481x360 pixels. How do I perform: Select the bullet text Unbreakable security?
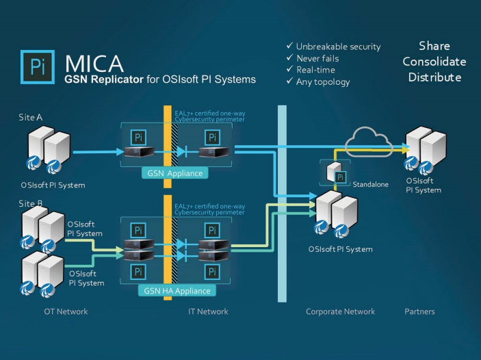[338, 47]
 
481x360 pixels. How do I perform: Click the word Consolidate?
[434, 62]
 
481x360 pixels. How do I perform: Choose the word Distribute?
[434, 77]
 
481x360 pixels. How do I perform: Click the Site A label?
[31, 118]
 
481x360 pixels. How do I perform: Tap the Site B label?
[31, 204]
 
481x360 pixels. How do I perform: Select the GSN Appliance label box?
[174, 173]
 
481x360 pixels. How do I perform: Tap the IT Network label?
[208, 311]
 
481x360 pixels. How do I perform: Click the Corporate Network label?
[340, 311]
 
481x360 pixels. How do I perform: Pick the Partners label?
[419, 311]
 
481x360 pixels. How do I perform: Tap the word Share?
[434, 47]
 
